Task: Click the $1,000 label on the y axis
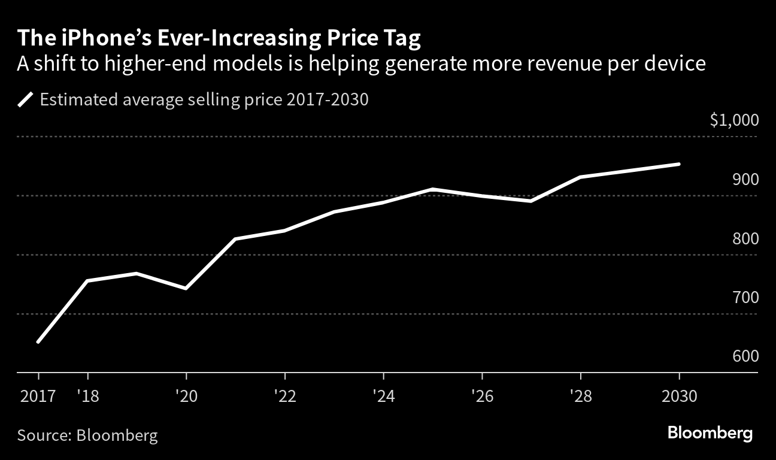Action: click(734, 120)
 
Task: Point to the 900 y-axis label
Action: click(745, 180)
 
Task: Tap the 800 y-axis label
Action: click(745, 239)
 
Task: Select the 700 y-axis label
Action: click(745, 298)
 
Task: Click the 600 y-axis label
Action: click(745, 356)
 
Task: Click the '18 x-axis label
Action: click(88, 396)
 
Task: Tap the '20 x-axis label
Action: click(186, 396)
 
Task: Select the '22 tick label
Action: click(284, 396)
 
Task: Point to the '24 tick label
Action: click(383, 396)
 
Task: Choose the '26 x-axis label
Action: click(482, 396)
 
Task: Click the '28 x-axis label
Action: click(580, 396)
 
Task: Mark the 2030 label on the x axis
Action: click(679, 396)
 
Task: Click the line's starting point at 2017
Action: click(38, 342)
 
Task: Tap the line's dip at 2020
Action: click(186, 289)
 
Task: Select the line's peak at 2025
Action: click(433, 189)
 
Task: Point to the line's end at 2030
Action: click(679, 164)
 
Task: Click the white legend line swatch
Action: click(26, 99)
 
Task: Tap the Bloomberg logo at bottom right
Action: click(710, 434)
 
